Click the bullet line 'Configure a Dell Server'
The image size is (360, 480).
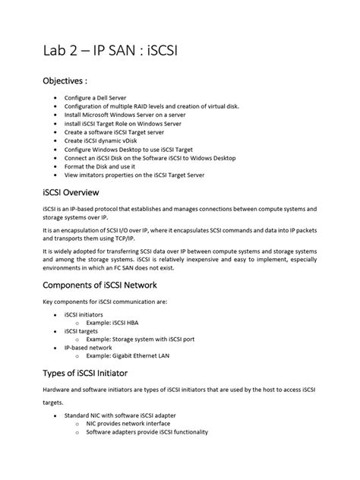(109, 99)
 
